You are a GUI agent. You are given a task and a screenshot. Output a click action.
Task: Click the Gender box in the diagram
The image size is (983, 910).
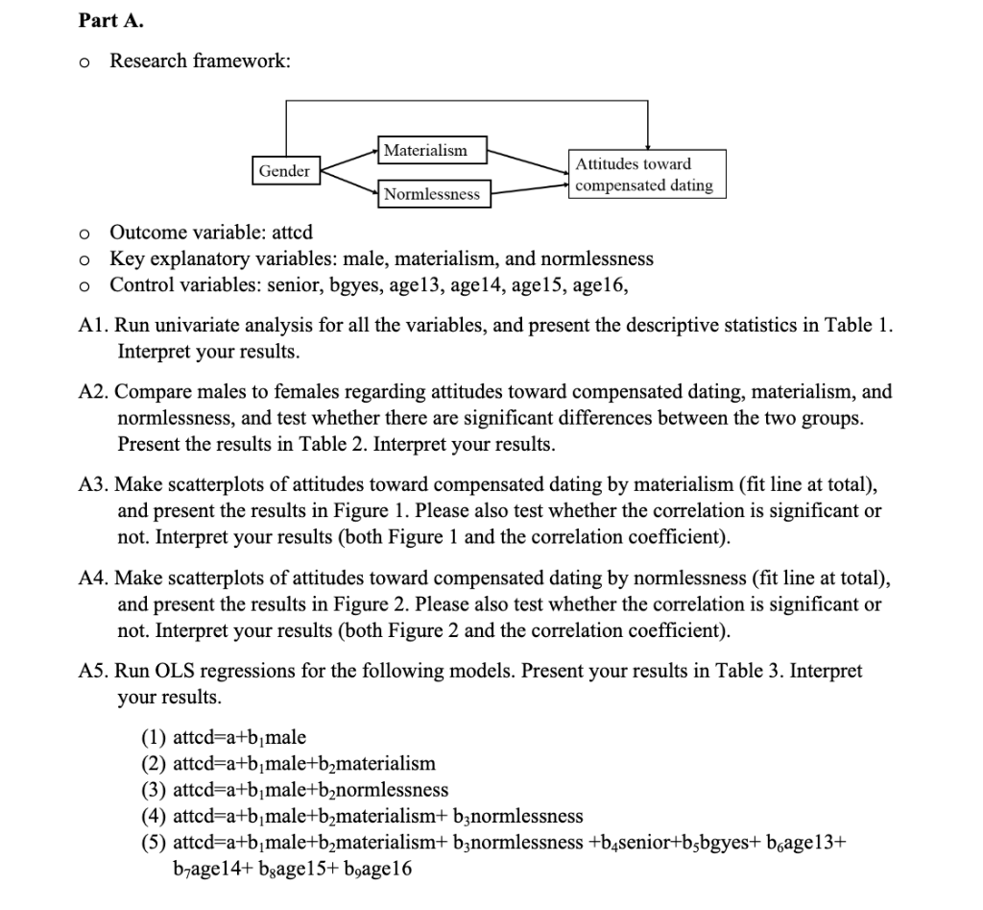pyautogui.click(x=285, y=171)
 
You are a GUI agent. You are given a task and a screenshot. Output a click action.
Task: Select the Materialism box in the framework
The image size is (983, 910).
pyautogui.click(x=424, y=151)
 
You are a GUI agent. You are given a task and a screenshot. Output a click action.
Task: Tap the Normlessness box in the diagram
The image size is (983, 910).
pyautogui.click(x=431, y=194)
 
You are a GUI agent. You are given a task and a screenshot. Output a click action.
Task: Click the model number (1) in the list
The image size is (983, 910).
pyautogui.click(x=153, y=738)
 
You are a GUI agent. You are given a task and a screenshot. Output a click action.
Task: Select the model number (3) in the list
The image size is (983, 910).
pyautogui.click(x=153, y=790)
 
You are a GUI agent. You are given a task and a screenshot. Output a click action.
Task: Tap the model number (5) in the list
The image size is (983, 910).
pyautogui.click(x=153, y=843)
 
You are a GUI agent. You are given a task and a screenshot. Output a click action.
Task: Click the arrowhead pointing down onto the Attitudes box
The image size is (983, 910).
pyautogui.click(x=648, y=145)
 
